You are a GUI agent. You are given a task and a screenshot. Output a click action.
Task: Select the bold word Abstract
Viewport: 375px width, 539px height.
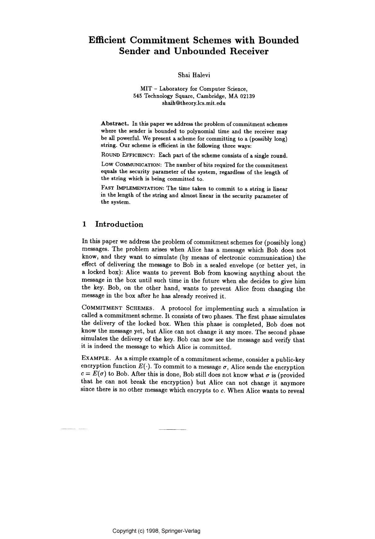(115, 124)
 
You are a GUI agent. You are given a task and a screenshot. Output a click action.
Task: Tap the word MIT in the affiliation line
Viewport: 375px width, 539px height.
(146, 89)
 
